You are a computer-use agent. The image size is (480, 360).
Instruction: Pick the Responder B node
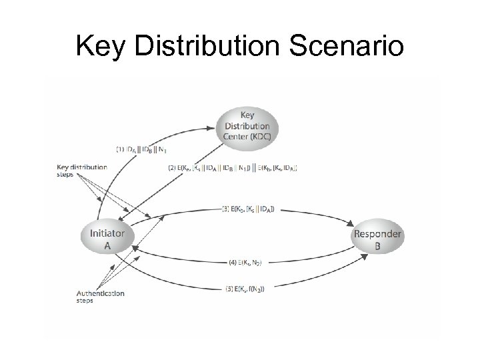tap(377, 239)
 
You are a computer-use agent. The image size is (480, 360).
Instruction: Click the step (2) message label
tap(240, 168)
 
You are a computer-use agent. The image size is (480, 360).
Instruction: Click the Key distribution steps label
tap(81, 170)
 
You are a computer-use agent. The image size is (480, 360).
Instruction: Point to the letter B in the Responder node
tap(377, 245)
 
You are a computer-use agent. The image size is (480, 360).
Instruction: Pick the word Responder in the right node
tap(377, 234)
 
